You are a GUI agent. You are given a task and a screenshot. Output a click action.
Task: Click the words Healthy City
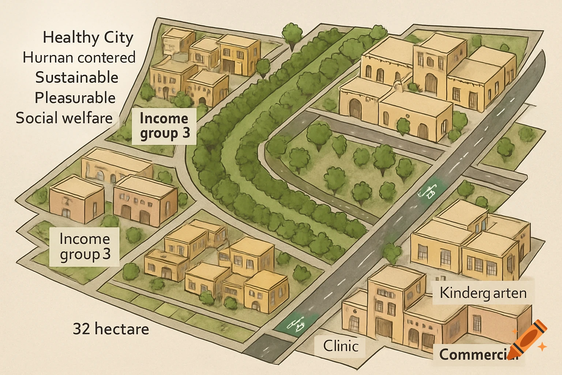point(88,37)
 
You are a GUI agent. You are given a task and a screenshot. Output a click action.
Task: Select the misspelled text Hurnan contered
point(79,57)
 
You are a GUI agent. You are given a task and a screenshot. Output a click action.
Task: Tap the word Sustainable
point(77,78)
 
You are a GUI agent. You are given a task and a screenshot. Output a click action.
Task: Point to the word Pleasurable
point(75,98)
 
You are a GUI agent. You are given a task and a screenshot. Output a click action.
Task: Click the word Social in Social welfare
point(36,118)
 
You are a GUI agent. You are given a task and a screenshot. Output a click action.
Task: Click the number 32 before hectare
point(82,329)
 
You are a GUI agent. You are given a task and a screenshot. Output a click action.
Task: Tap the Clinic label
point(341,346)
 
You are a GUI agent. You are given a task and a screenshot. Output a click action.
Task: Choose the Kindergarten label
point(483,293)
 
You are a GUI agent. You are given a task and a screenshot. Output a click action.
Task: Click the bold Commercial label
point(476,354)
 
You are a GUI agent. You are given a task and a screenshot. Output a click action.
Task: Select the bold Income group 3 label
point(164,126)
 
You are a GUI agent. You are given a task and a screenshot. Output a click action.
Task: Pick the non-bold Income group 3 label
point(85,246)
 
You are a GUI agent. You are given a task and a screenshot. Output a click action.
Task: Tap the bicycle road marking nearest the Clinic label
point(297,324)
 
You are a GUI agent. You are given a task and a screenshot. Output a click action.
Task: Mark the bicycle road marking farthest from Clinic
point(428,191)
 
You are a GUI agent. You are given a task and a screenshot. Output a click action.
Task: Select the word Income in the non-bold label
point(85,239)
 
